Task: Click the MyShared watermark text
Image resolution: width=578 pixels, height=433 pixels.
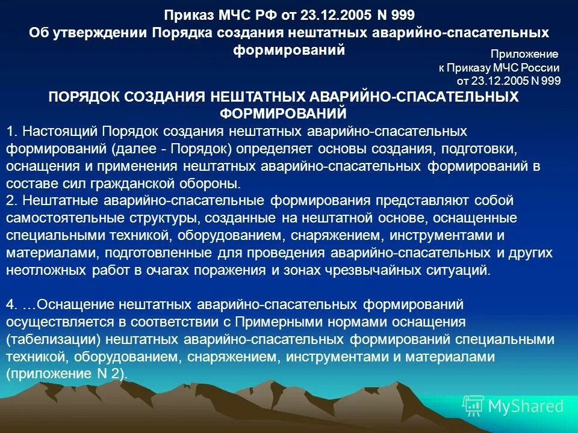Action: (525, 406)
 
